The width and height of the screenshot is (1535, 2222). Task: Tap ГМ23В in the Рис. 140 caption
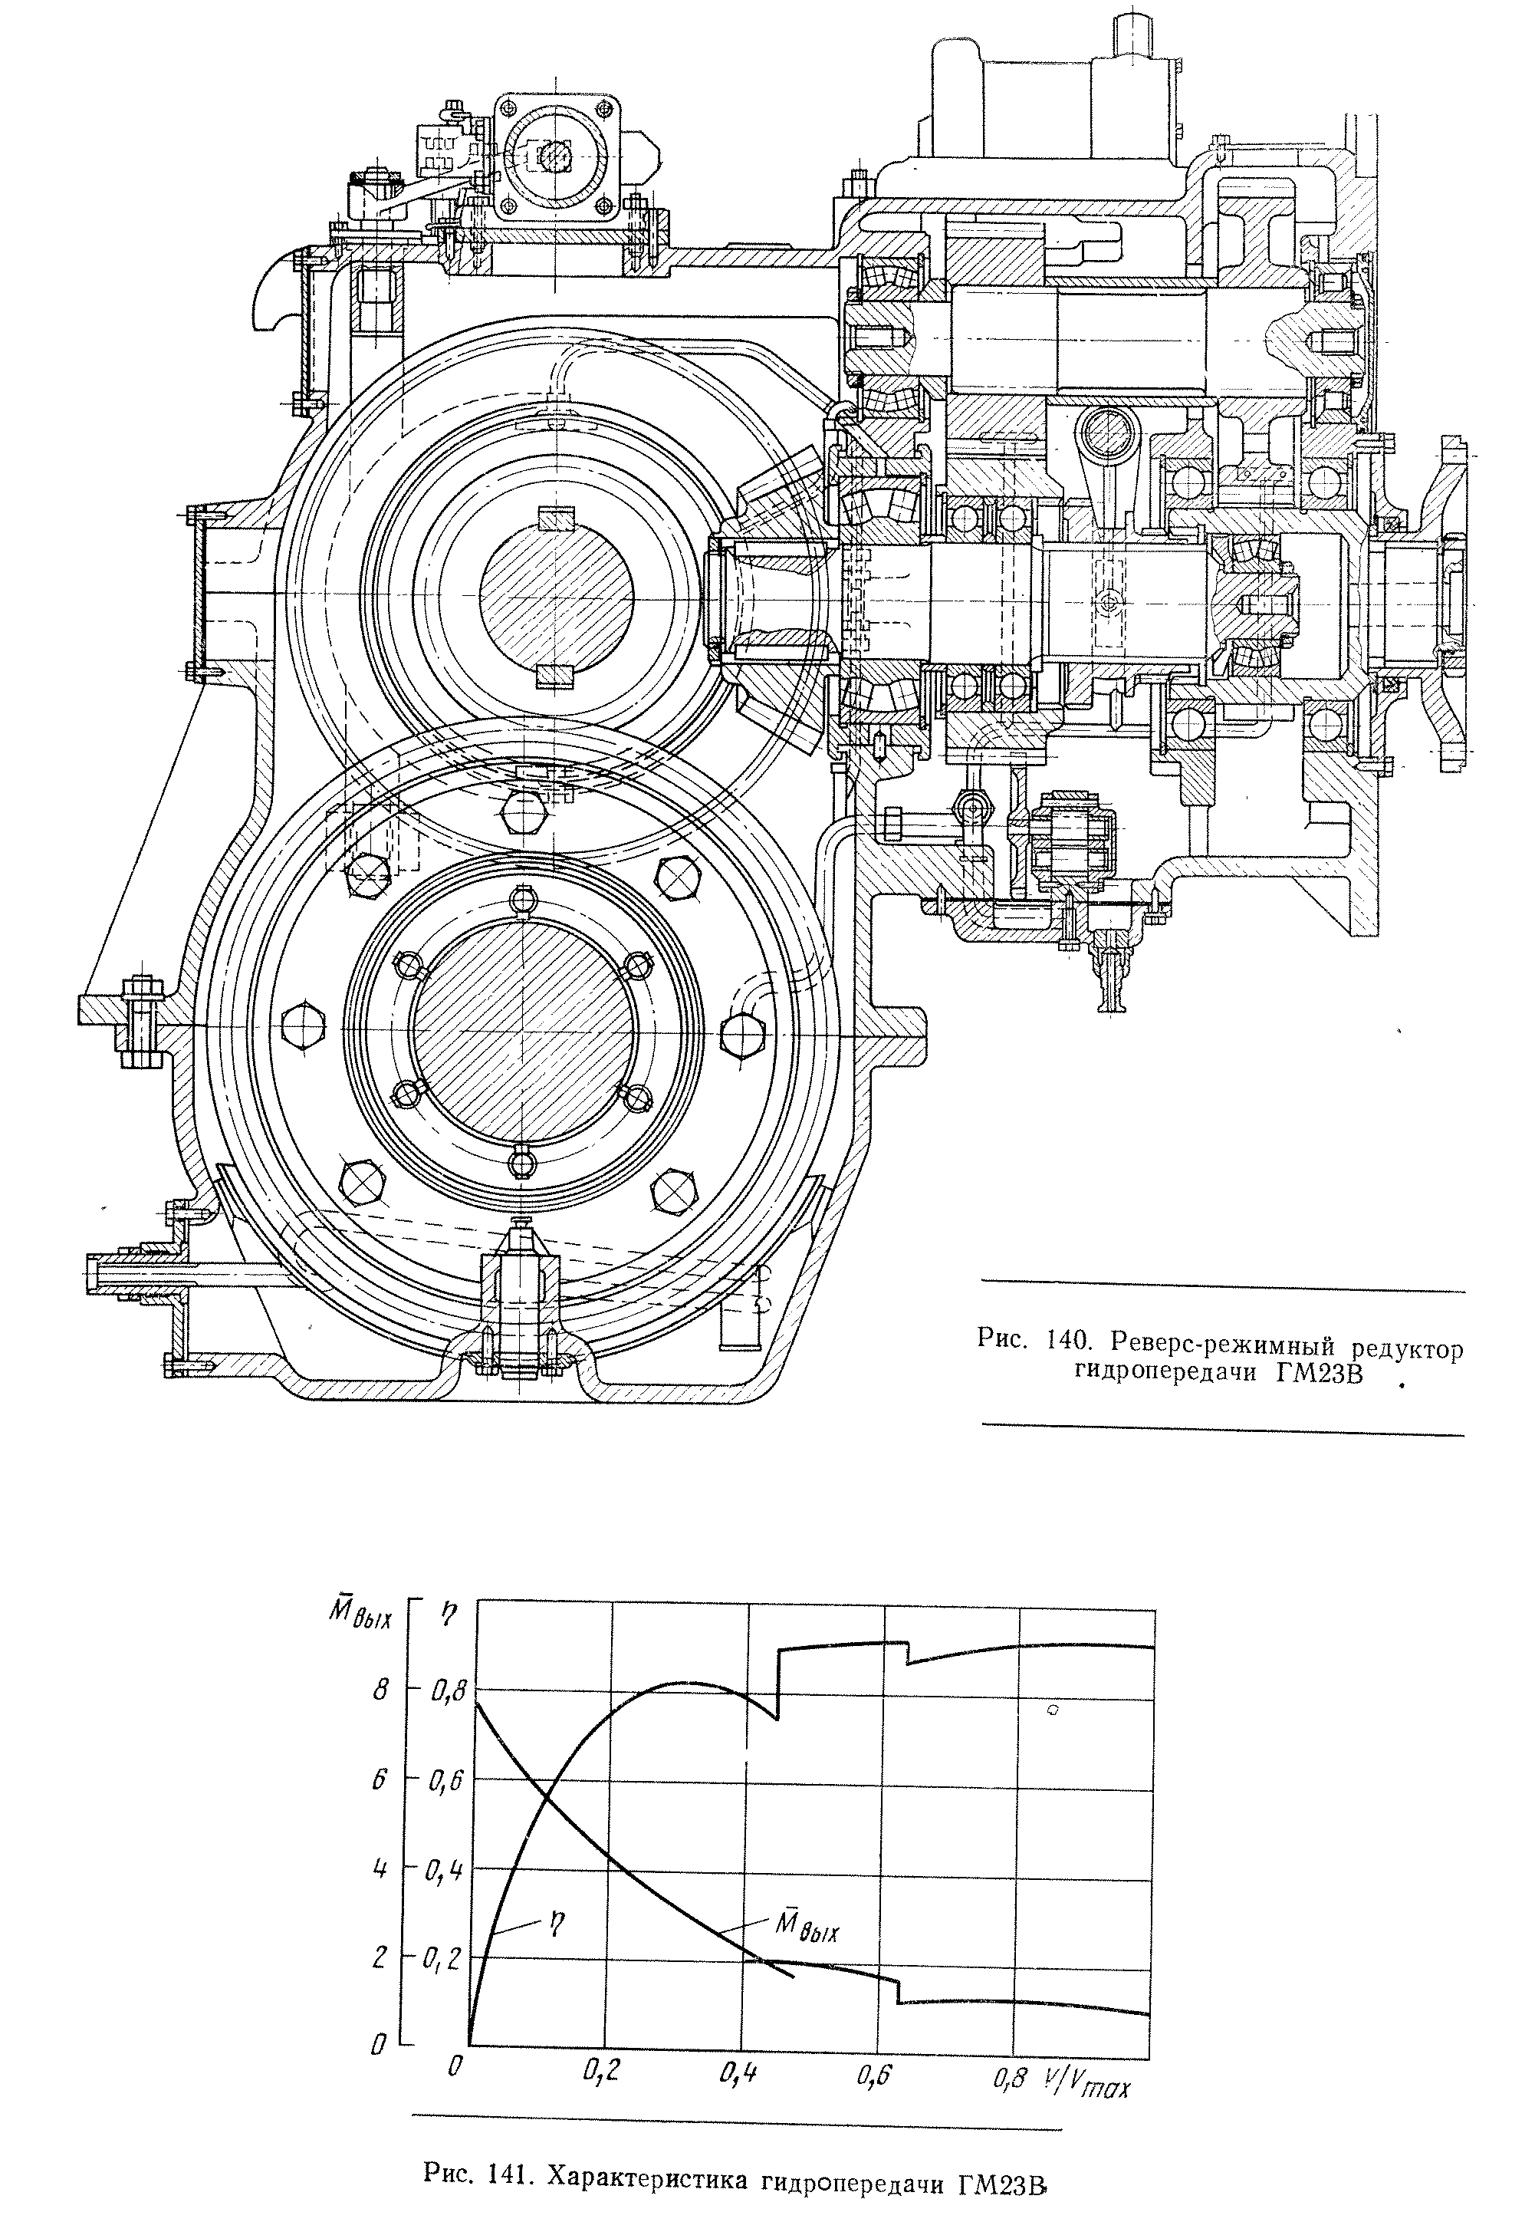[1320, 1374]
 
